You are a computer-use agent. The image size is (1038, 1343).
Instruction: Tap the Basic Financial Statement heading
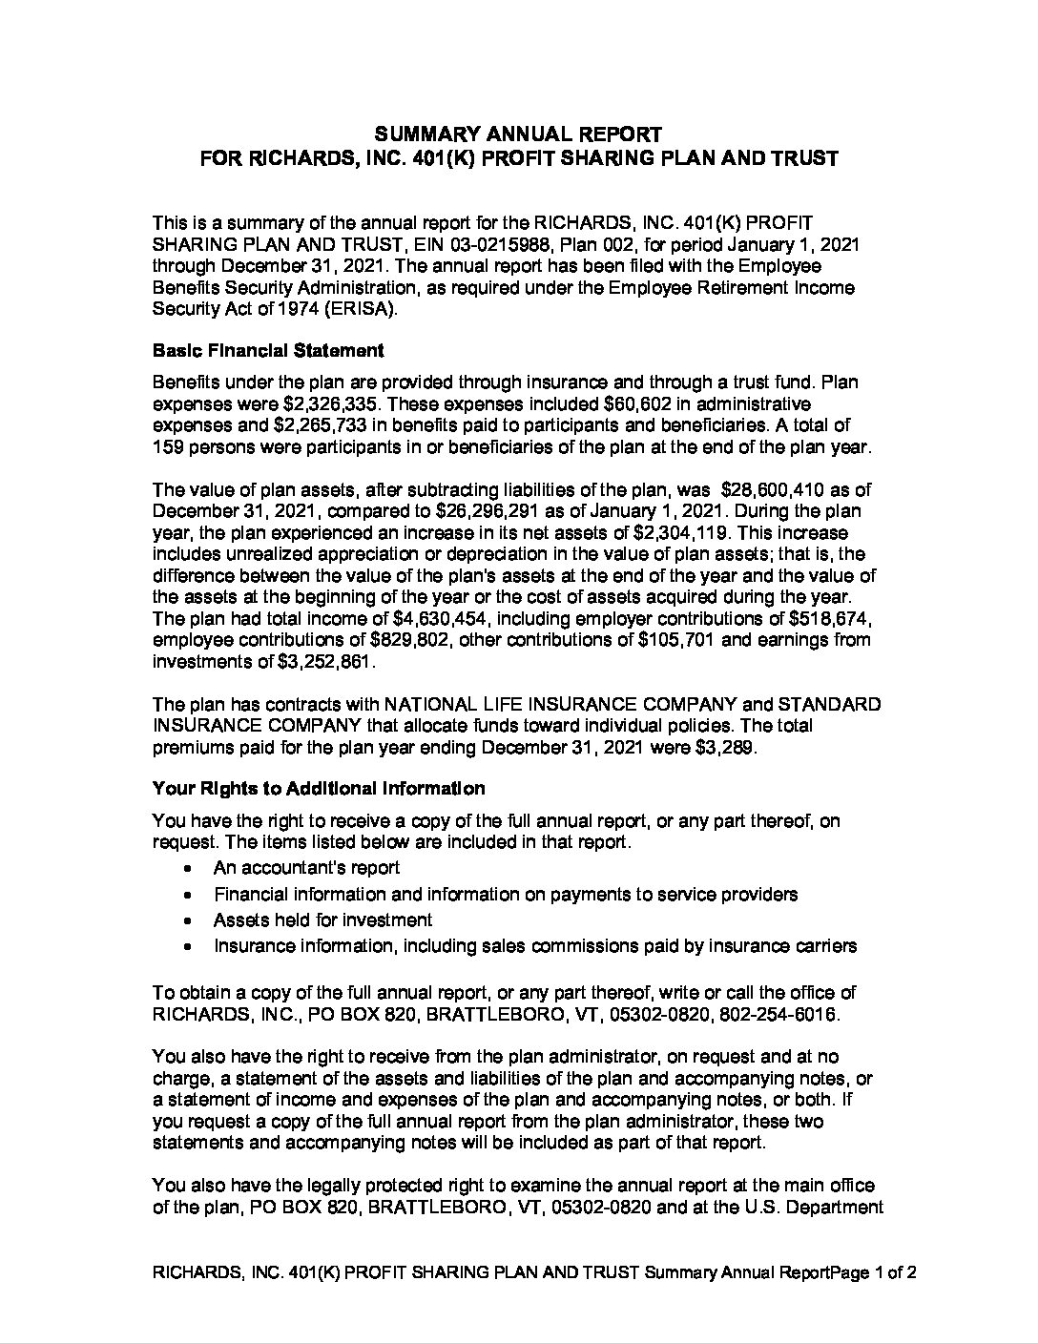(268, 350)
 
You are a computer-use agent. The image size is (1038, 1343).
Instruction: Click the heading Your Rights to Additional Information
(319, 789)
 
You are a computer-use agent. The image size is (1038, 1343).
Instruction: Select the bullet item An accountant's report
(306, 868)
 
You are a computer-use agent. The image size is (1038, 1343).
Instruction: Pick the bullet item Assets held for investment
(322, 920)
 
